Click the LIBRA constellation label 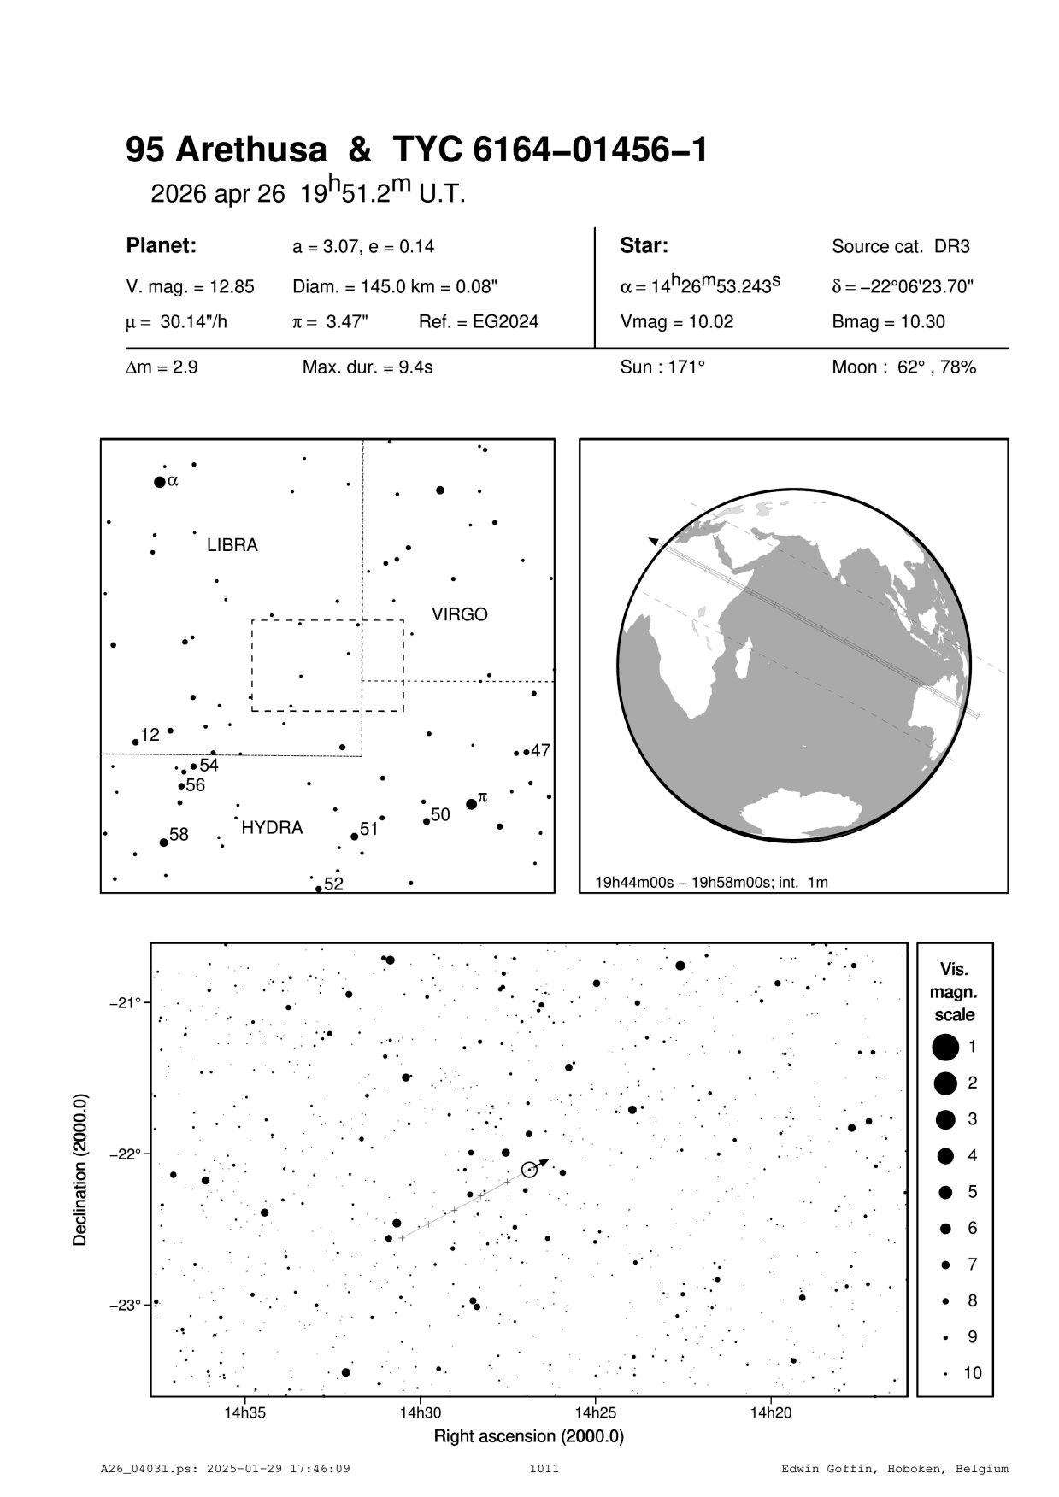(x=232, y=545)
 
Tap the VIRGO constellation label (x=459, y=614)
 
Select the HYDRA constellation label (x=272, y=828)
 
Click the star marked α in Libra (x=159, y=482)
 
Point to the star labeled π (x=471, y=804)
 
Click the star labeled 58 (x=164, y=842)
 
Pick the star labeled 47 (x=527, y=753)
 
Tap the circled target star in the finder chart (x=529, y=1170)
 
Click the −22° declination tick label (x=125, y=1154)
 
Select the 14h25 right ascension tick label (x=596, y=1412)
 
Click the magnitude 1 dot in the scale (x=944, y=1046)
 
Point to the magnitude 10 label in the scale (x=972, y=1373)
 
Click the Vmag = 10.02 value (x=676, y=322)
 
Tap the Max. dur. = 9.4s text (x=368, y=367)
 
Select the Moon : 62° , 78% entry (x=903, y=367)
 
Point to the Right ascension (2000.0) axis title (x=528, y=1436)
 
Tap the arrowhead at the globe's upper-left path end (x=653, y=541)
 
